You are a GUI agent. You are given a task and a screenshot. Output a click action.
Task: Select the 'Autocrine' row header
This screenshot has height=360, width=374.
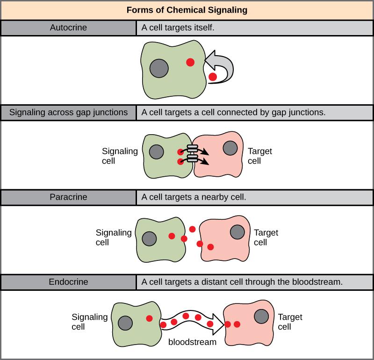[x=68, y=28]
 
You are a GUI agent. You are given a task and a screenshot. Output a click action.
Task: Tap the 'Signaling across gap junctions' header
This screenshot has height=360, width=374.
[x=68, y=112]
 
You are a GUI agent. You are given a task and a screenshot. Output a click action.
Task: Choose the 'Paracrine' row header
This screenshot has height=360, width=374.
[x=68, y=197]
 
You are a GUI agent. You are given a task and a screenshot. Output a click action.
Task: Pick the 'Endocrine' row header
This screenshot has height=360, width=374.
[x=68, y=282]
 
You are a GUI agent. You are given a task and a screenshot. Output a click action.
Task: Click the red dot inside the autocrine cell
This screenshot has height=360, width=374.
[x=190, y=62]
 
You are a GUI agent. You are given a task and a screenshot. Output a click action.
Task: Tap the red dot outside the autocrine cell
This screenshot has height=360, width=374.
[x=213, y=77]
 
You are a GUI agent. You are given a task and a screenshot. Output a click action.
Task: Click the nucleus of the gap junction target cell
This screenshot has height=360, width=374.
[x=229, y=148]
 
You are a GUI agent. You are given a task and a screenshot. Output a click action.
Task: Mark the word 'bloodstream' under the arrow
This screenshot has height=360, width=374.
[x=192, y=342]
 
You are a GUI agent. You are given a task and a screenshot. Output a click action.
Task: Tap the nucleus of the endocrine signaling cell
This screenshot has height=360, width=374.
[x=125, y=323]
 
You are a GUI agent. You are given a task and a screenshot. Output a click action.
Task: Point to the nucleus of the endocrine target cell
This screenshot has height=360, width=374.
[x=261, y=316]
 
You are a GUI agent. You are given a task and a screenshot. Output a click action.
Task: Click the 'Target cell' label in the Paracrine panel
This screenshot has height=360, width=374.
[x=266, y=237]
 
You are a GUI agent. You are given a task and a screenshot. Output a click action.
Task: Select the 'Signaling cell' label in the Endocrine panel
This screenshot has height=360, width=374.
[x=89, y=322]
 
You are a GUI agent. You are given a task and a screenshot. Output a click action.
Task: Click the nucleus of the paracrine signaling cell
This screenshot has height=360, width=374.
[x=150, y=238]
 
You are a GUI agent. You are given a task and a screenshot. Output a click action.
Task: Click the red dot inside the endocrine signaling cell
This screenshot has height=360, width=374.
[x=149, y=318]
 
